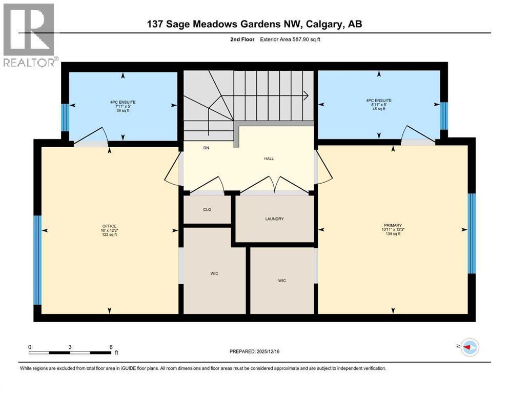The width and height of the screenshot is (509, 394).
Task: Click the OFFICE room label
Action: click(x=109, y=226)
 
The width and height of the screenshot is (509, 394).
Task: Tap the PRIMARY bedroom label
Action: click(x=393, y=225)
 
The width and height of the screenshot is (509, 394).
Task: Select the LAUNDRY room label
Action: click(x=274, y=219)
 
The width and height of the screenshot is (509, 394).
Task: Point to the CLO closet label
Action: click(x=207, y=209)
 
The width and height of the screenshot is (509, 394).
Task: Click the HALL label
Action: click(x=269, y=159)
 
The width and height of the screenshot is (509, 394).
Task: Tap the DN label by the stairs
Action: click(x=206, y=148)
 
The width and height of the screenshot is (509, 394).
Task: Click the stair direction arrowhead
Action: click(x=306, y=95)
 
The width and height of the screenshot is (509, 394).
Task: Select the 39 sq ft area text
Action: click(x=123, y=110)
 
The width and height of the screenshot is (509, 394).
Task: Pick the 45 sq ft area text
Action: click(x=379, y=109)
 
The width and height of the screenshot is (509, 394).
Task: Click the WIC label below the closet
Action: click(x=214, y=273)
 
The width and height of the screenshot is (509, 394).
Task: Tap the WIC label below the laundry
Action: click(x=282, y=281)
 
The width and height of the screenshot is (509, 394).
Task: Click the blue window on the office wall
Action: click(x=37, y=260)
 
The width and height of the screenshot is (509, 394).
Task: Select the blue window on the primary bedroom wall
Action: click(x=472, y=233)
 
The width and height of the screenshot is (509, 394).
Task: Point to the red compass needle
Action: click(x=467, y=347)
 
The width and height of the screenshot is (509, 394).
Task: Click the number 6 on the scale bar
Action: click(x=111, y=347)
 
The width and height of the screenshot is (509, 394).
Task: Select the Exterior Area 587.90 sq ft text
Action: click(x=290, y=40)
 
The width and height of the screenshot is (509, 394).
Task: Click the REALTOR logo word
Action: click(x=29, y=63)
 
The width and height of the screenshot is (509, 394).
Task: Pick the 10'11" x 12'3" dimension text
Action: click(x=393, y=229)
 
